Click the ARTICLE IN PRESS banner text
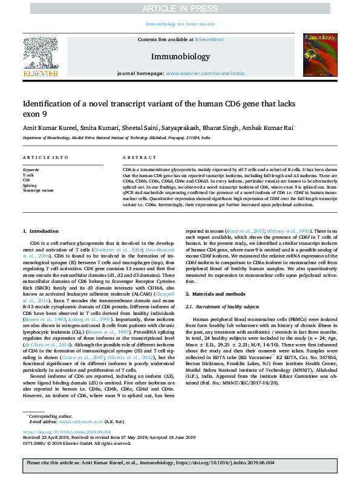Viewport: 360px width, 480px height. pos(180,8)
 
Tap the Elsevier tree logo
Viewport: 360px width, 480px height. pos(41,56)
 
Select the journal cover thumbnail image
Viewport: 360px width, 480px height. pos(319,56)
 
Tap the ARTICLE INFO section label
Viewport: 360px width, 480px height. pos(42,157)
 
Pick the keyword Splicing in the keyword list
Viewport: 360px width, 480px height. pos(30,186)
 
